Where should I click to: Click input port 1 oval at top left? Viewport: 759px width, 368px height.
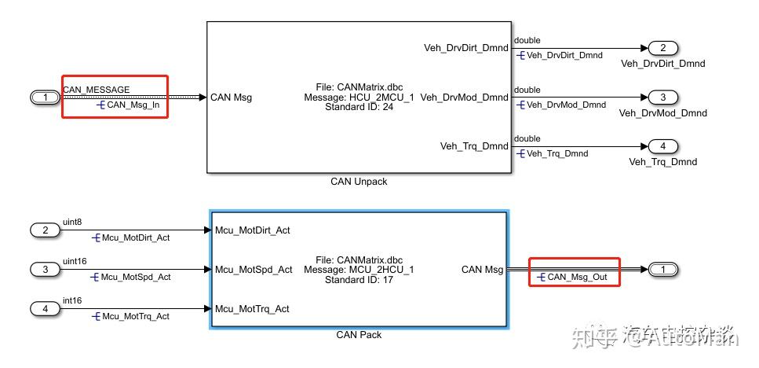tap(46, 98)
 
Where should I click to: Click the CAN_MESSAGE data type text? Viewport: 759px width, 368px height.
tap(97, 90)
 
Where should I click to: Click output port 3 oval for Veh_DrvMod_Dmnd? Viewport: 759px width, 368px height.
tap(662, 98)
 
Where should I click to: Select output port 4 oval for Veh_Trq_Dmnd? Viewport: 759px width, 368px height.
tap(662, 146)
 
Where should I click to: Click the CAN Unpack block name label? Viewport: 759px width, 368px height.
tap(359, 182)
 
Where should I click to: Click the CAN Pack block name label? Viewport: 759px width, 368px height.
tap(359, 335)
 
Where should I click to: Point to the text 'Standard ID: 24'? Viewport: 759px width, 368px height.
tap(359, 107)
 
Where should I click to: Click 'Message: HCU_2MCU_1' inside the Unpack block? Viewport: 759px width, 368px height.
tap(359, 98)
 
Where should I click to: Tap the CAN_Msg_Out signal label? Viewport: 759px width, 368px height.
tap(577, 277)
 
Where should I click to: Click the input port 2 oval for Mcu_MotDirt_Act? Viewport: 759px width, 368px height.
tap(46, 230)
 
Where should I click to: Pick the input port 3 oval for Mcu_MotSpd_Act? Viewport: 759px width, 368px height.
tap(46, 270)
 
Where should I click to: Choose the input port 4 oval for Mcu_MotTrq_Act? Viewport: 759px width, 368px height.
tap(46, 308)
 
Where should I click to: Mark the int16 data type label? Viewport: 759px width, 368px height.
tap(71, 300)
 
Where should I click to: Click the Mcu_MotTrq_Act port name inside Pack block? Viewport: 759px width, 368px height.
tap(252, 309)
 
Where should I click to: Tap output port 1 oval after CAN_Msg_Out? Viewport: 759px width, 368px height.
tap(662, 270)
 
